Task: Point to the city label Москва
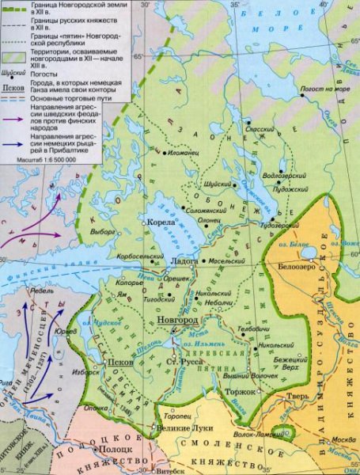(x=338, y=440)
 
